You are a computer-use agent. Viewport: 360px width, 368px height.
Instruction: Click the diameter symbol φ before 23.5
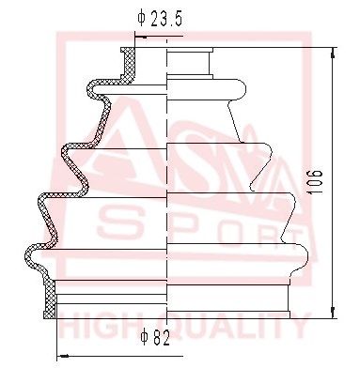(x=140, y=17)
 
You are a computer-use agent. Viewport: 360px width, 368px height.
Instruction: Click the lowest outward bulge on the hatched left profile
(x=31, y=253)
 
